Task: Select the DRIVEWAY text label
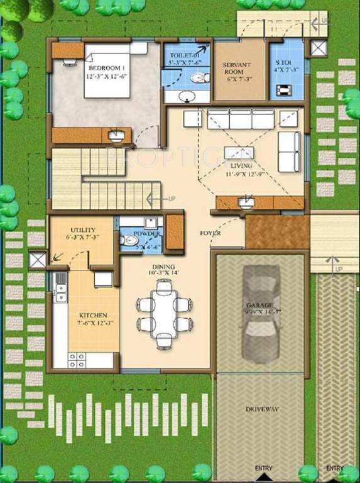pos(263,409)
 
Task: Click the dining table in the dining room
pos(164,314)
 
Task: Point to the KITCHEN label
pos(92,315)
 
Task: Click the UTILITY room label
pos(83,231)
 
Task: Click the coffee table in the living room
pos(239,153)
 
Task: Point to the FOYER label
pos(210,233)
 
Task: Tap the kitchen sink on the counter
pos(60,291)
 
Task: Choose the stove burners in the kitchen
pos(77,360)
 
